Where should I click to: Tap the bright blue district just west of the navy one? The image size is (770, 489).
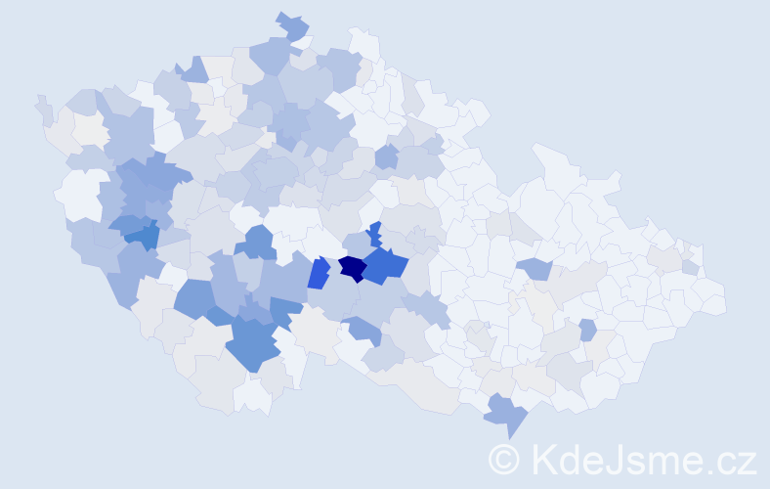(x=319, y=274)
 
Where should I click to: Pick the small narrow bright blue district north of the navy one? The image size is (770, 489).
(x=374, y=233)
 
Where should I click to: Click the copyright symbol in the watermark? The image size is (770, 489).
(x=504, y=459)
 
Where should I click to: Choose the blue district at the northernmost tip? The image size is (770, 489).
(x=292, y=25)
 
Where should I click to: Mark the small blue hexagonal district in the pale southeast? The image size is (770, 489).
(x=587, y=331)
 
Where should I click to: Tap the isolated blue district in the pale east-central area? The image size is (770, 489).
(x=534, y=268)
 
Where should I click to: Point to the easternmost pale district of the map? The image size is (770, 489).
(x=711, y=298)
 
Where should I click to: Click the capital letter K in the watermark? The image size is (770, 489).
(x=544, y=459)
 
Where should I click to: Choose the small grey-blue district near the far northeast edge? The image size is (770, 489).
(x=691, y=267)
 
